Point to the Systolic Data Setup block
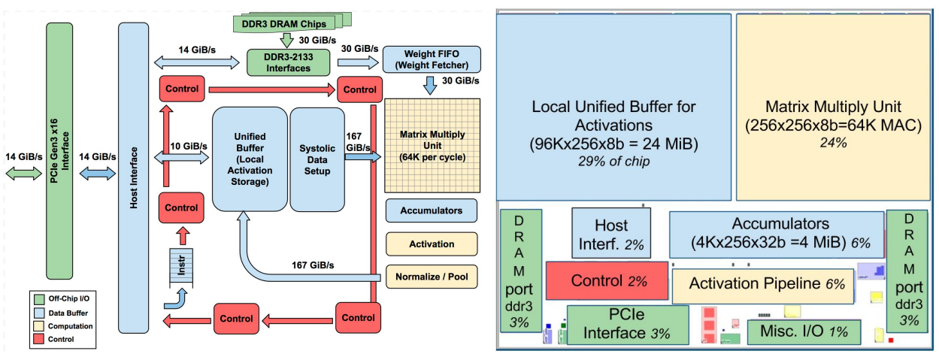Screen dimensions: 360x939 click(x=316, y=159)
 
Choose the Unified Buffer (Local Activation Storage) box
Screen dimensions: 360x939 click(x=250, y=159)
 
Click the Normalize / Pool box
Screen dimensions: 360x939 click(x=432, y=277)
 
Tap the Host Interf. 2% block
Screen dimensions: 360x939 click(x=611, y=233)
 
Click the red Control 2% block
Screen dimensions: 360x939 click(x=607, y=280)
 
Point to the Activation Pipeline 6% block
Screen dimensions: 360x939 click(x=762, y=285)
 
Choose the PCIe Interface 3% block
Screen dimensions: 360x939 click(x=627, y=325)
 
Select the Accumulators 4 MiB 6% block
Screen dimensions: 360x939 click(x=775, y=234)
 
